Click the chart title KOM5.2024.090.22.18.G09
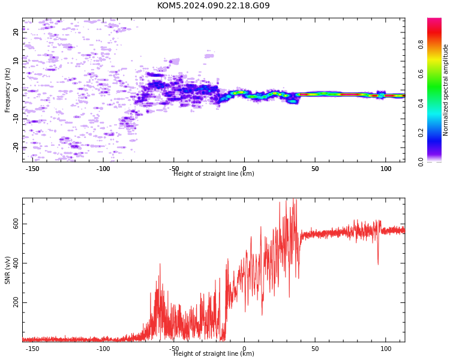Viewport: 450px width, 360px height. pyautogui.click(x=213, y=5)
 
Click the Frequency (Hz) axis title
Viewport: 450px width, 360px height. pyautogui.click(x=7, y=90)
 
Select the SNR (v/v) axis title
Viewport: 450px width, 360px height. pyautogui.click(x=7, y=270)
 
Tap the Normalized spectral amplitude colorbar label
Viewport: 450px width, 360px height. pyautogui.click(x=445, y=90)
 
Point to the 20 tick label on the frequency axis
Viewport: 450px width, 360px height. pyautogui.click(x=16, y=32)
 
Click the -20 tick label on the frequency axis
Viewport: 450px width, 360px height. pyautogui.click(x=16, y=147)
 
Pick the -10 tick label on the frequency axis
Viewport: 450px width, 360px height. pyautogui.click(x=16, y=119)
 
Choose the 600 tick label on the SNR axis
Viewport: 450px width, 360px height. pyautogui.click(x=16, y=224)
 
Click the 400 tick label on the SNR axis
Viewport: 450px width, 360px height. pyautogui.click(x=16, y=263)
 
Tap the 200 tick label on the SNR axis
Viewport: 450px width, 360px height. pyautogui.click(x=16, y=302)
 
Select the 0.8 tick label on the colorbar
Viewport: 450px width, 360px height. pyautogui.click(x=421, y=44)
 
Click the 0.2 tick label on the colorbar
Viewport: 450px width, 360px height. pyautogui.click(x=421, y=133)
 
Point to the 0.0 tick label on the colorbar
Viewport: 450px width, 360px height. pyautogui.click(x=421, y=162)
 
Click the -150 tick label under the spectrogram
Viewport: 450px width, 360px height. pyautogui.click(x=32, y=169)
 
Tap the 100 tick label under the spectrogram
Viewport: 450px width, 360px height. pyautogui.click(x=386, y=169)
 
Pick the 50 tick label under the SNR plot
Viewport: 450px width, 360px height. pyautogui.click(x=315, y=349)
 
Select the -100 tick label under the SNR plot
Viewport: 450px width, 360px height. pyautogui.click(x=103, y=349)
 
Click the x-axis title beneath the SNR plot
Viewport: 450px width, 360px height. pyautogui.click(x=214, y=353)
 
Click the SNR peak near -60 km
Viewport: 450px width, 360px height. pyautogui.click(x=160, y=264)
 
